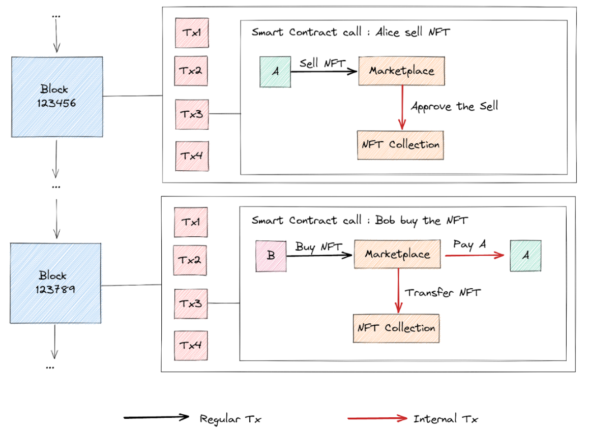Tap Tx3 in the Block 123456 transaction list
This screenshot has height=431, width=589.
point(191,113)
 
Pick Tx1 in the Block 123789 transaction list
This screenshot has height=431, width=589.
point(191,222)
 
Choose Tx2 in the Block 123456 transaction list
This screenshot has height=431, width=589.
point(191,71)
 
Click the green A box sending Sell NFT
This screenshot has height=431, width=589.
point(275,72)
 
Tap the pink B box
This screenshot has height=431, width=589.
point(271,256)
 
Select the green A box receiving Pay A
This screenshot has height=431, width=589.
point(525,256)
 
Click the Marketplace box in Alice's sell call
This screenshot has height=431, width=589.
point(401,71)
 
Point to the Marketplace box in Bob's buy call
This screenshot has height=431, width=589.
point(397,254)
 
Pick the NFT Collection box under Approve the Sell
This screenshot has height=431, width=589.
point(400,144)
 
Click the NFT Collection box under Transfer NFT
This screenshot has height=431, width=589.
point(396,328)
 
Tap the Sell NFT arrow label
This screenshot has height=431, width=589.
point(322,64)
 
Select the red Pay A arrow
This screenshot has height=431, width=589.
point(476,256)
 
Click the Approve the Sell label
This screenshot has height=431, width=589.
point(454,107)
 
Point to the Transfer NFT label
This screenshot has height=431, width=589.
point(443,292)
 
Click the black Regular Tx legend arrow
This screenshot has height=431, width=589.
point(157,418)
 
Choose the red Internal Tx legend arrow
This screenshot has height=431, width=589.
point(377,418)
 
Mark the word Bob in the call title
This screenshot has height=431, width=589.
point(386,220)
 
